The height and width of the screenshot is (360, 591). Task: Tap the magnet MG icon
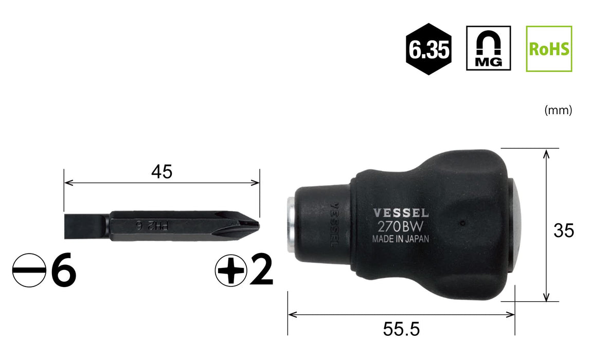tap(489, 48)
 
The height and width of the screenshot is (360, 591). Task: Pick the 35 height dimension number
tap(564, 231)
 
